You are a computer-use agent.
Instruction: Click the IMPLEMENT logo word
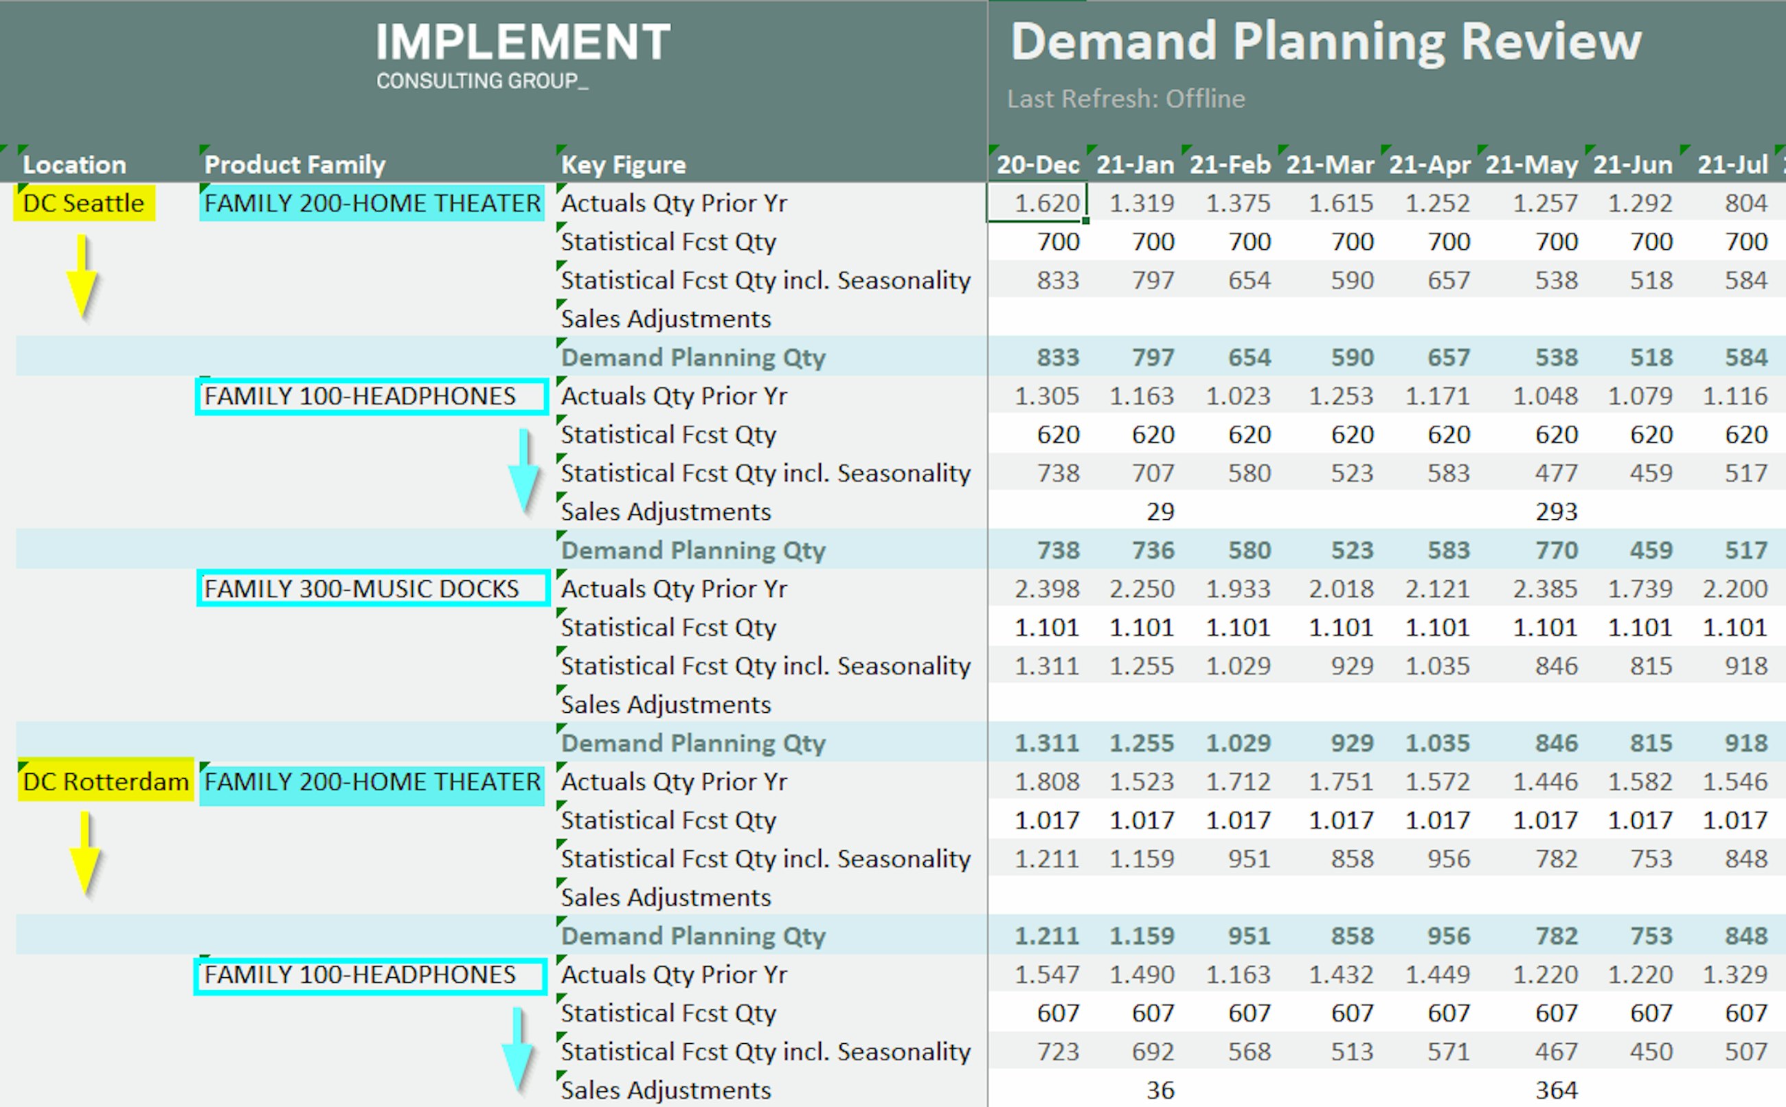coord(523,42)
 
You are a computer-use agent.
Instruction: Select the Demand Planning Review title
coord(1325,42)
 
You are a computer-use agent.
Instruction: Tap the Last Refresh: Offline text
coord(1125,99)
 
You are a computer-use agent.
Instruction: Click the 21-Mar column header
coord(1330,165)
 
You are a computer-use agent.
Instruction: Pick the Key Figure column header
coord(623,165)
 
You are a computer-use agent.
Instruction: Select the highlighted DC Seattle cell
coord(84,203)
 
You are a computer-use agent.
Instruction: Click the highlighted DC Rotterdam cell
coord(106,781)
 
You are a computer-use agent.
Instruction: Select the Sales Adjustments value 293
coord(1556,511)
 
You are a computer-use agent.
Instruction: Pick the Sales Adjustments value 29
coord(1160,511)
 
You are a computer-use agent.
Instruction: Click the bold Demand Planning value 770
coord(1556,550)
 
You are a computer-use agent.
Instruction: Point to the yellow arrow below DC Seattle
coord(82,278)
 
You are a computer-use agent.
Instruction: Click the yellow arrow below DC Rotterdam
coord(86,855)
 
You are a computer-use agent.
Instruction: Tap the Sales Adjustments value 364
coord(1556,1089)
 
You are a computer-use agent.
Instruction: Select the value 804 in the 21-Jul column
coord(1745,203)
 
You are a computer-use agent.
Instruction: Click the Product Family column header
coord(295,165)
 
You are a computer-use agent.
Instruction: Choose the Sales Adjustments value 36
coord(1160,1089)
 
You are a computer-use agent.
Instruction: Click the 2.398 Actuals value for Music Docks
coord(1046,589)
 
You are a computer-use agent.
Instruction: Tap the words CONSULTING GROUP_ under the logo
coord(482,80)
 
